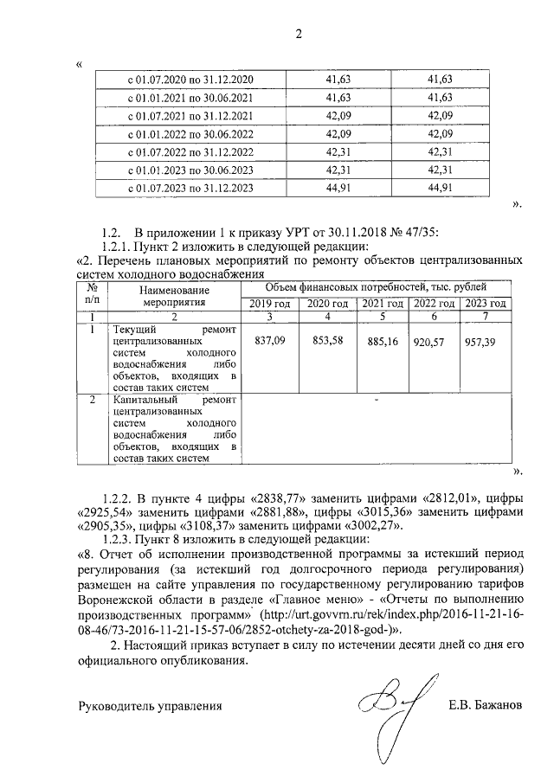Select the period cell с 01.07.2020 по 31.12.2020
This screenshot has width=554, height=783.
pyautogui.click(x=190, y=80)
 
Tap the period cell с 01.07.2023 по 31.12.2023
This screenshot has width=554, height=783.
pyautogui.click(x=190, y=188)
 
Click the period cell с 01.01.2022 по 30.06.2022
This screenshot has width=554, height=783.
pyautogui.click(x=190, y=134)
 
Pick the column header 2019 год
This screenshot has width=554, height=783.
pyautogui.click(x=271, y=304)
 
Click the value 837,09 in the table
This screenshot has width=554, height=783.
pyautogui.click(x=271, y=341)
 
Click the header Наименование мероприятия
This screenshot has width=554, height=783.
pyautogui.click(x=174, y=298)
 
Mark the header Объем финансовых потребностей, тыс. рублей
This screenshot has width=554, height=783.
pyautogui.click(x=376, y=287)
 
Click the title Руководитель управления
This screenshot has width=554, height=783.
pyautogui.click(x=150, y=705)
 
